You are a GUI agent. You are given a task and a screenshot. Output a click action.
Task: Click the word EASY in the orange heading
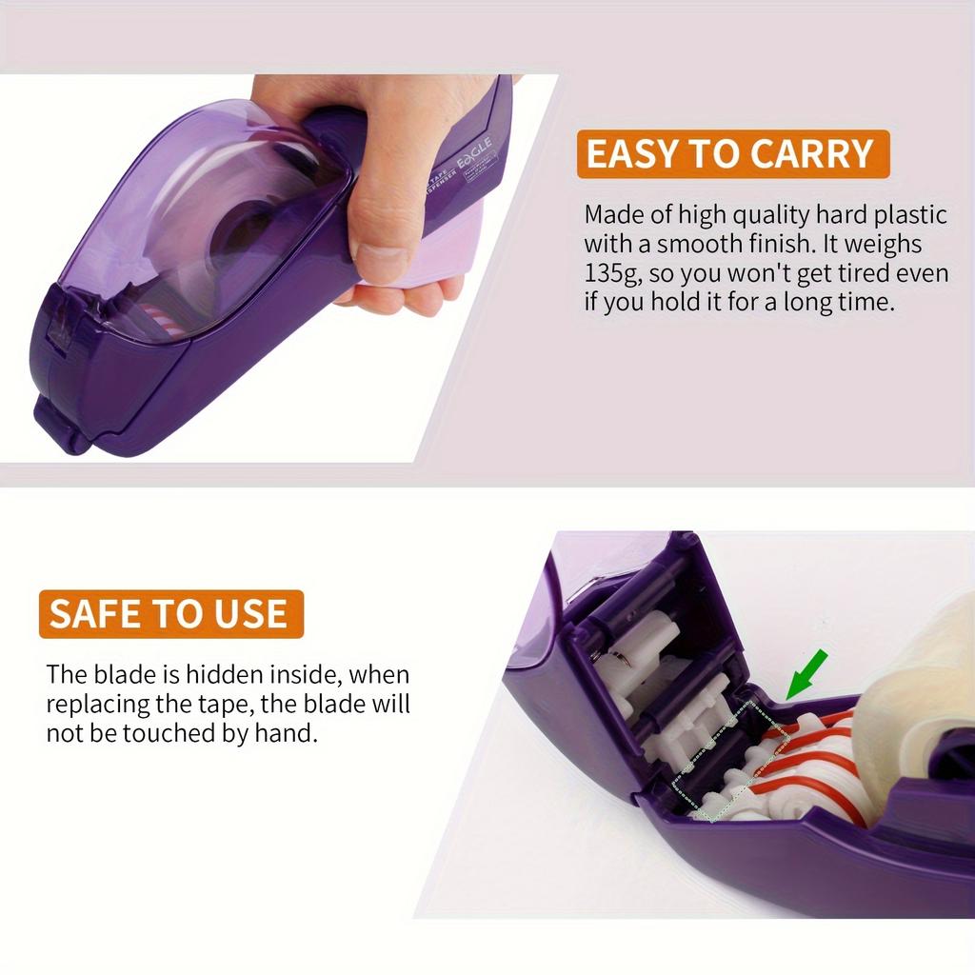tap(632, 154)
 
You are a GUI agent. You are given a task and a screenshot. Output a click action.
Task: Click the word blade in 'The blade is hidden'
tap(125, 675)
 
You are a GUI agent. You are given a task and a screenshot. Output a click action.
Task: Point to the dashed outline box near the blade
tap(728, 761)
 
